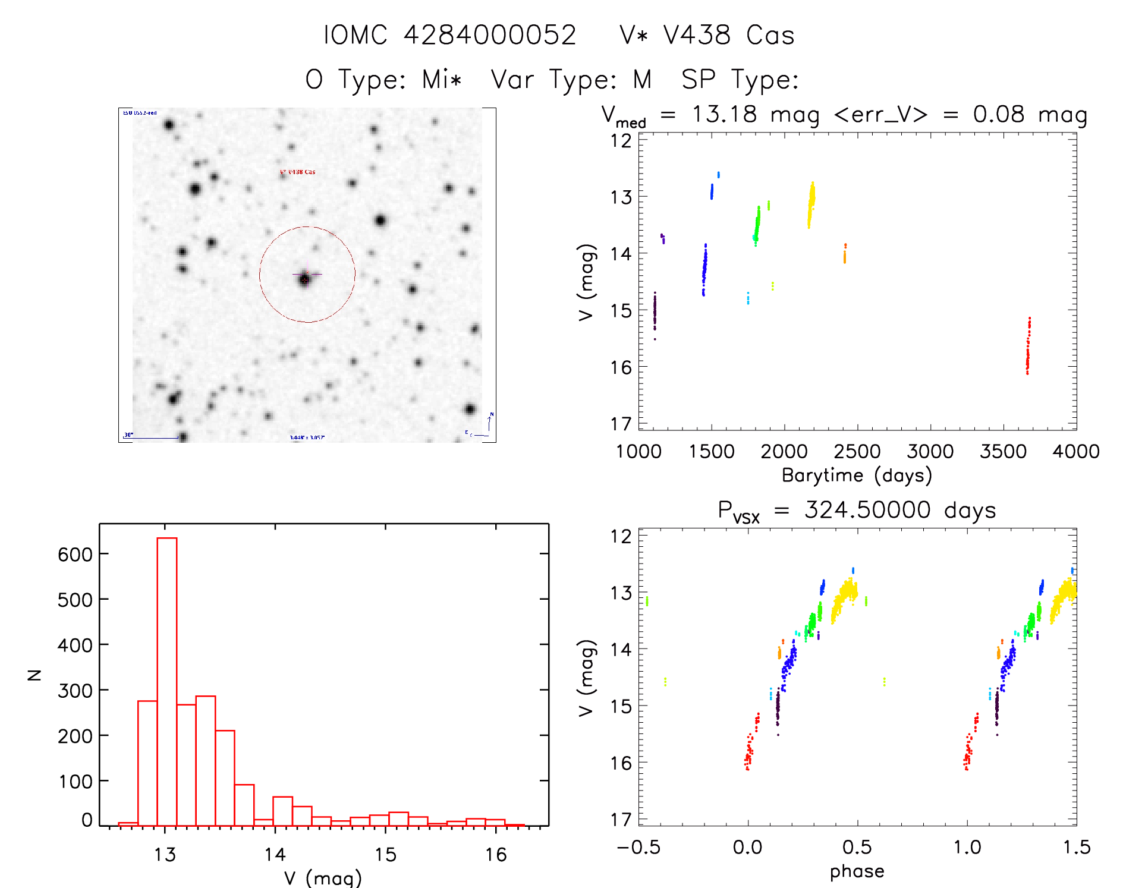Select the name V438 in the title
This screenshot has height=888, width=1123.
pos(697,35)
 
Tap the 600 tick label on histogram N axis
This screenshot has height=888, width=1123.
pos(75,555)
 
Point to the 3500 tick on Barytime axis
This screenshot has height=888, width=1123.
pos(1003,452)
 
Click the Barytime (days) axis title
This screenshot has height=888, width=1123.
pos(857,476)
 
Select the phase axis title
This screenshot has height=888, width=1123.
pos(857,871)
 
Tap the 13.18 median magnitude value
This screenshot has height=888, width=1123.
pos(724,114)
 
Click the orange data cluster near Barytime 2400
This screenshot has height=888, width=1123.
pos(844,254)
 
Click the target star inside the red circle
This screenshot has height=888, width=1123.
pos(305,279)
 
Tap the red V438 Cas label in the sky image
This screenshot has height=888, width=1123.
pos(298,172)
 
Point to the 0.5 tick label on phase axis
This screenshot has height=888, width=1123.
pos(857,848)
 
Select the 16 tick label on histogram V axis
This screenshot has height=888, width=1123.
pos(495,855)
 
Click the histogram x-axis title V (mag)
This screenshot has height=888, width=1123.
pos(323,878)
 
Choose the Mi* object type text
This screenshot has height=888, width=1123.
pos(442,79)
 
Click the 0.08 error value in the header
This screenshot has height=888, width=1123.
pos(999,114)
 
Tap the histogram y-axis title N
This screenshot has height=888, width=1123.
pos(34,675)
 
